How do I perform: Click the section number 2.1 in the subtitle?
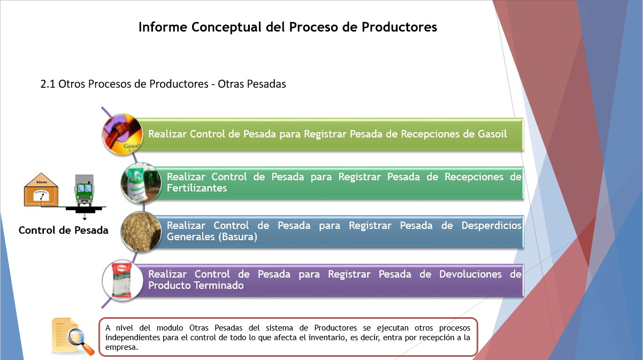[x=48, y=84]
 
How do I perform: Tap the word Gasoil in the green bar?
[x=492, y=134]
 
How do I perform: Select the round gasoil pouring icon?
[x=123, y=134]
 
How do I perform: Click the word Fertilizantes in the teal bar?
[x=197, y=188]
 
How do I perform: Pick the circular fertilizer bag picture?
[x=141, y=183]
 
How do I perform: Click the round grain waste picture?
[x=141, y=232]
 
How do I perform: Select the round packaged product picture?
[x=123, y=280]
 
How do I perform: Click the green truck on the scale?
[x=85, y=190]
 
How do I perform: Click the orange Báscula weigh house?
[x=41, y=189]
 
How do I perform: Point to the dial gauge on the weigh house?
[x=42, y=195]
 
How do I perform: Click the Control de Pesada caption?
[x=64, y=230]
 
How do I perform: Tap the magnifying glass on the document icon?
[x=79, y=341]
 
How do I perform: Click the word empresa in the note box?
[x=122, y=347]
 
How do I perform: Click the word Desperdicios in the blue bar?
[x=492, y=226]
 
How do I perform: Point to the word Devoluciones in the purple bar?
[x=470, y=274]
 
